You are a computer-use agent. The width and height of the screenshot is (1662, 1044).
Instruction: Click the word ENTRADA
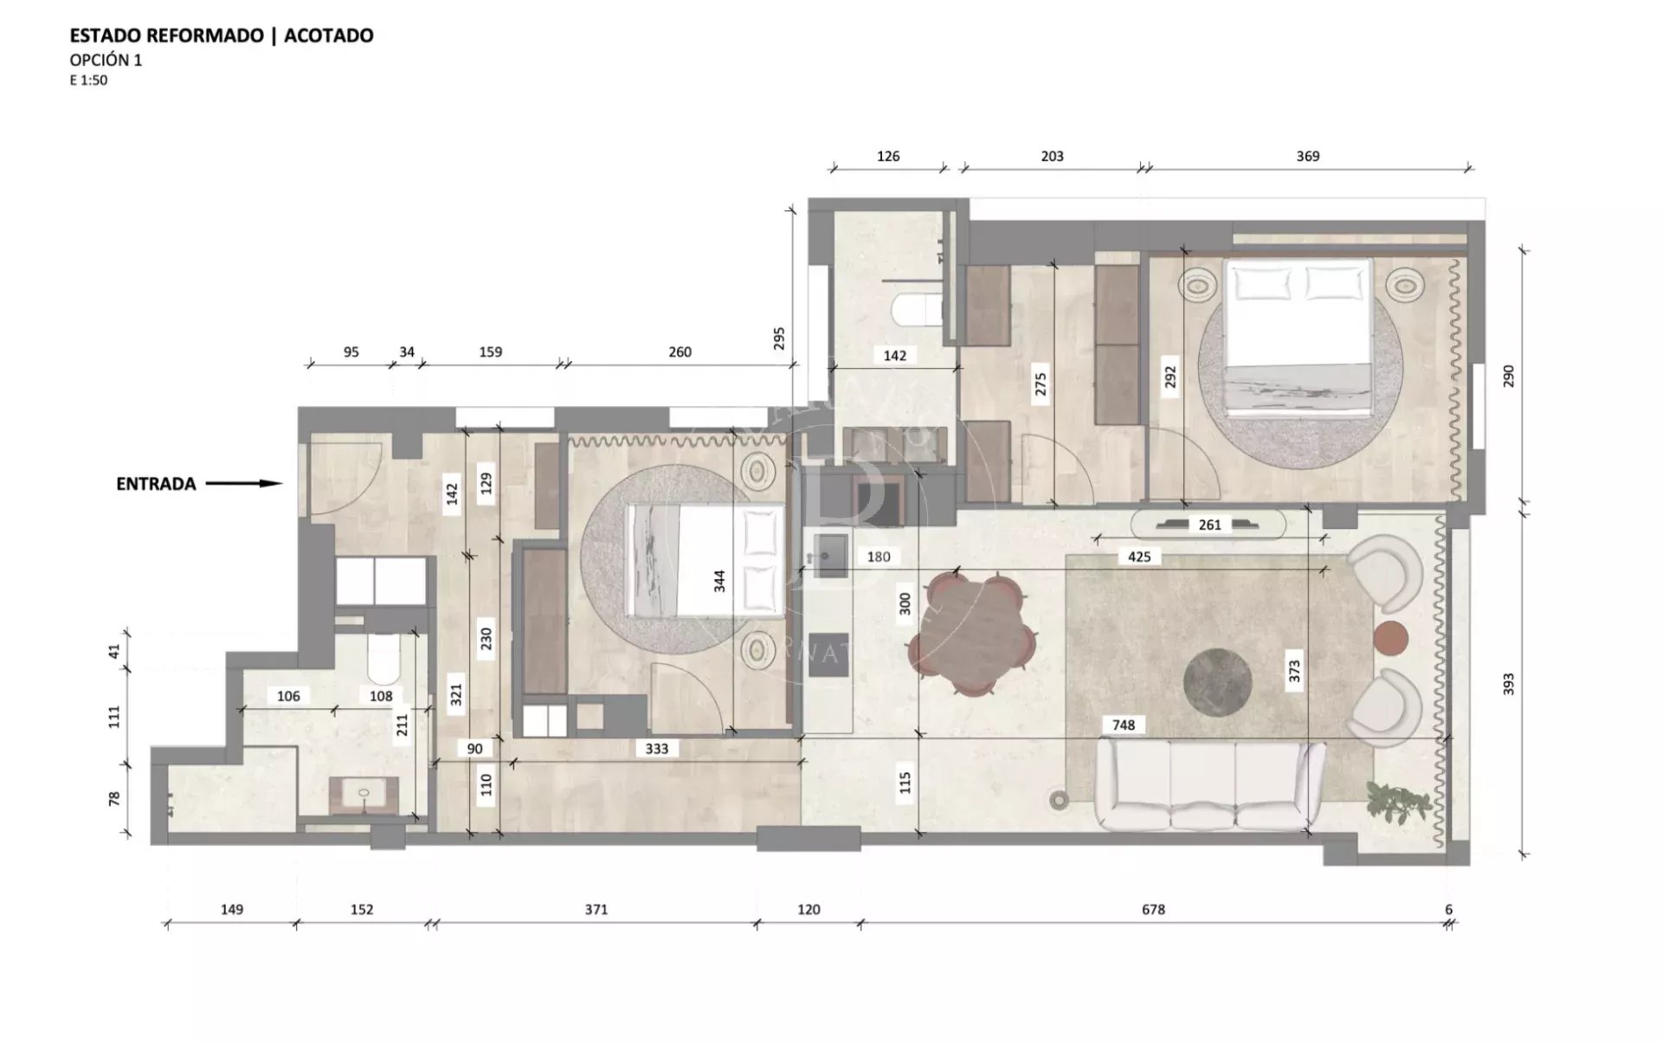[156, 484]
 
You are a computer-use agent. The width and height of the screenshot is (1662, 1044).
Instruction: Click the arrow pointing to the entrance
[244, 484]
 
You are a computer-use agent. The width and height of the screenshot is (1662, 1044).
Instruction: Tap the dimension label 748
[1124, 725]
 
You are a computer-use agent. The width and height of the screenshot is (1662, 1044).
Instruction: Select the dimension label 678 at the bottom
[1153, 909]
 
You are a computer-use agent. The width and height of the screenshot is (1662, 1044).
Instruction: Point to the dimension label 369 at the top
[1308, 156]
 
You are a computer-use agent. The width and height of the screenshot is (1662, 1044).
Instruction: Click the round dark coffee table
[1217, 682]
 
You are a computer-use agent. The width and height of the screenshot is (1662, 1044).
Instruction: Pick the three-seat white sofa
[1210, 784]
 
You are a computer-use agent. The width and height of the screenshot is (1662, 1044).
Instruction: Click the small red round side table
[1391, 639]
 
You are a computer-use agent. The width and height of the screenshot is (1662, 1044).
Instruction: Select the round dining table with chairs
[971, 633]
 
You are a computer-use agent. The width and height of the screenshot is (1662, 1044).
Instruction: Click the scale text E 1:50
[88, 81]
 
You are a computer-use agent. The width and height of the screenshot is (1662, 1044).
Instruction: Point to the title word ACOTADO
[329, 35]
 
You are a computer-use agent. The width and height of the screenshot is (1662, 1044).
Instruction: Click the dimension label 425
[1139, 557]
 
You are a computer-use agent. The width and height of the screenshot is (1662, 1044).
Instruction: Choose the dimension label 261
[1209, 525]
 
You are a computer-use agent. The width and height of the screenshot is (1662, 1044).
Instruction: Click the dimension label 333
[657, 748]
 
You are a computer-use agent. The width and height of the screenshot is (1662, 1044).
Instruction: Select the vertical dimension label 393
[1508, 684]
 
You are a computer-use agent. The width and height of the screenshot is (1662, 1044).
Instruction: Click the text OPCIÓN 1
[106, 60]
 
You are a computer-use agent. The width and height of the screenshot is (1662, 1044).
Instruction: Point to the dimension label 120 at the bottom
[808, 909]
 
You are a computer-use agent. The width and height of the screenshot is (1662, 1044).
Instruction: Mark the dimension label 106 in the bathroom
[288, 696]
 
